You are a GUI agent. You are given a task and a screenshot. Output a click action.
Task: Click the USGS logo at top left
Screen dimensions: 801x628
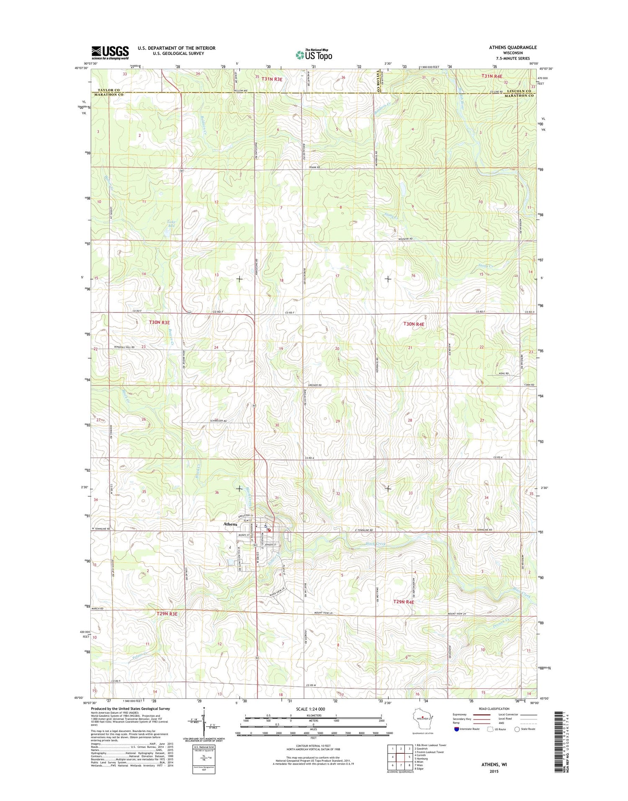coord(110,52)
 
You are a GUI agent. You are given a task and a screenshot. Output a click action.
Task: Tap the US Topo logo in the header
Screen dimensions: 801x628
coord(314,55)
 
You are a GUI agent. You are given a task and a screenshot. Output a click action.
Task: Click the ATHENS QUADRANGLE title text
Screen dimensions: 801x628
coord(512,47)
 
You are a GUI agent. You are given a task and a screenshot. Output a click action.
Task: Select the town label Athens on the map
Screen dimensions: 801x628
coord(230,524)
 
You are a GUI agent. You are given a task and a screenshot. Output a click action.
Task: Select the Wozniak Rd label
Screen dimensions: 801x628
coord(405,239)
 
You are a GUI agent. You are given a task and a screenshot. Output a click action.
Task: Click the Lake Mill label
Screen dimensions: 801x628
coord(171,224)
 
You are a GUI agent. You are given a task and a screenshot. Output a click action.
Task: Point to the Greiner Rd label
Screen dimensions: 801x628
coord(314,385)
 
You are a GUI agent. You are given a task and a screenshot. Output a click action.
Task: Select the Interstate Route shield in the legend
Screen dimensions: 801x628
coord(456,729)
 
